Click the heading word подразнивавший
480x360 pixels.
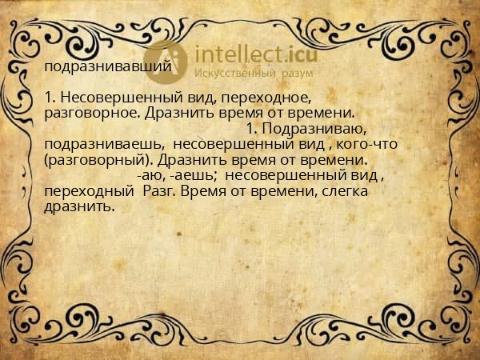[x=108, y=66]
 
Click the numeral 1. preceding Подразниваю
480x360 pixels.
[x=251, y=128]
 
